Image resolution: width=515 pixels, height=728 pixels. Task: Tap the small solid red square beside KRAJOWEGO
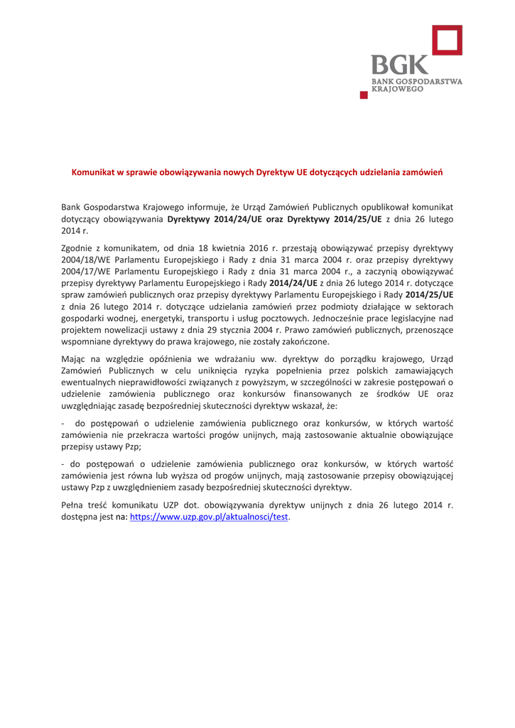[x=364, y=94]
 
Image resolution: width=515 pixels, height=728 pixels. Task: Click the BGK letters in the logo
[x=397, y=65]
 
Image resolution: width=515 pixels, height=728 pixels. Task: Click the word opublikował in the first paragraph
[x=357, y=207]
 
